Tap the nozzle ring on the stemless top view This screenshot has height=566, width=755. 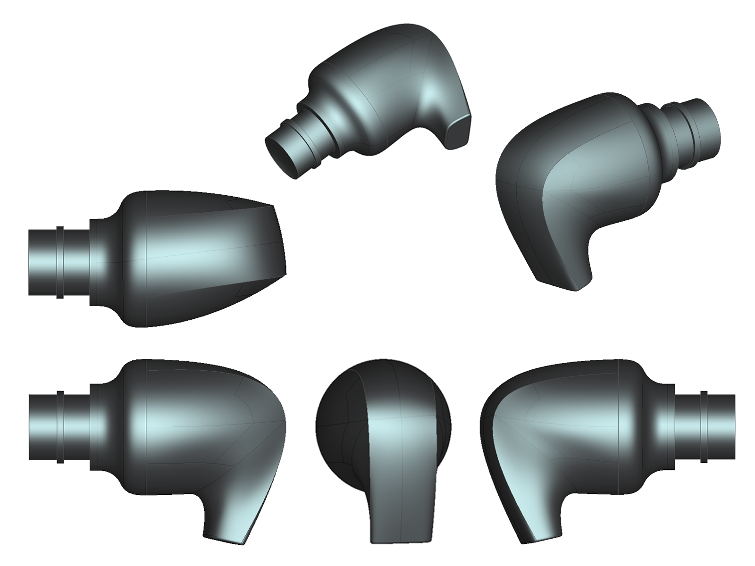click(x=60, y=262)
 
